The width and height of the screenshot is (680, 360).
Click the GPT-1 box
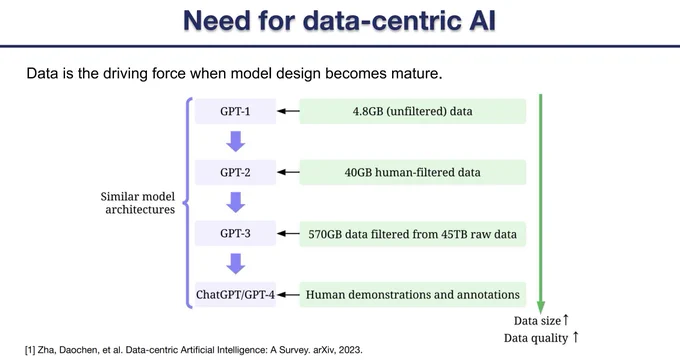pyautogui.click(x=235, y=111)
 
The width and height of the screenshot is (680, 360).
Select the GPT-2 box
pyautogui.click(x=235, y=172)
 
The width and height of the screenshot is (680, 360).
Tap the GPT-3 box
pyautogui.click(x=235, y=233)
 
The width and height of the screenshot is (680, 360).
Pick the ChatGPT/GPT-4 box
pyautogui.click(x=235, y=295)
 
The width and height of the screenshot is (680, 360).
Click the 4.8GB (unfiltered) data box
pyautogui.click(x=412, y=111)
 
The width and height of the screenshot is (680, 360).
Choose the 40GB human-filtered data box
pyautogui.click(x=412, y=172)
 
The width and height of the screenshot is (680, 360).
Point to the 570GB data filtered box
pyautogui.click(x=412, y=234)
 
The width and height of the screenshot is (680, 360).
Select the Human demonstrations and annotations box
pyautogui.click(x=412, y=295)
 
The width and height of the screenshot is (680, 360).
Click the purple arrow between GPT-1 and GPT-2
pyautogui.click(x=235, y=141)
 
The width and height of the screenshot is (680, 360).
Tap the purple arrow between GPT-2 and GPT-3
pyautogui.click(x=235, y=203)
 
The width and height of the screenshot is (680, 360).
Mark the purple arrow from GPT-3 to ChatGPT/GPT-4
pyautogui.click(x=235, y=264)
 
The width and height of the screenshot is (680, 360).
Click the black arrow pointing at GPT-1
pyautogui.click(x=288, y=111)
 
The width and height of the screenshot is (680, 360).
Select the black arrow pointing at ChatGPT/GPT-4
pyautogui.click(x=288, y=295)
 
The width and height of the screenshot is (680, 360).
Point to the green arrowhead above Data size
pyautogui.click(x=540, y=308)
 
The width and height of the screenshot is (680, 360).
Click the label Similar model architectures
pyautogui.click(x=138, y=203)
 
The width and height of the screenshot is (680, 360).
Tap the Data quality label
pyautogui.click(x=536, y=338)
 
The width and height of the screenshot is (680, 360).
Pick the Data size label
pyautogui.click(x=537, y=321)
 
